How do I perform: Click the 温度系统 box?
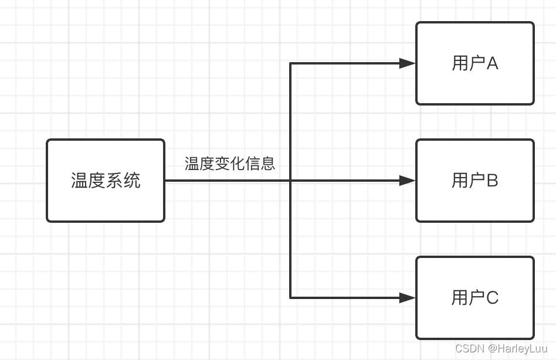[106, 181]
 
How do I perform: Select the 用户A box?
[475, 63]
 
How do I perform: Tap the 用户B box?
[475, 181]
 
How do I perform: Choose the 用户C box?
[475, 298]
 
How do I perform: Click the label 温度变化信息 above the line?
[230, 164]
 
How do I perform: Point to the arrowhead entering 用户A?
[408, 63]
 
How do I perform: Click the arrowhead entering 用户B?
[408, 181]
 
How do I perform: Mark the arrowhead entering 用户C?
[408, 298]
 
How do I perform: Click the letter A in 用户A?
[492, 63]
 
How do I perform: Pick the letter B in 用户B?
[492, 181]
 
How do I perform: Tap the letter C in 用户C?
[492, 298]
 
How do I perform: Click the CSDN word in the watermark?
[469, 348]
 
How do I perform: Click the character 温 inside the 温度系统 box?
[80, 181]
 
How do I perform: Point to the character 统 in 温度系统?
[132, 181]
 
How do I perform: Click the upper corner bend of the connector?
[291, 63]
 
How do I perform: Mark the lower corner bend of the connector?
[291, 298]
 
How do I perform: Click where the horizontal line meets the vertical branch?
[291, 181]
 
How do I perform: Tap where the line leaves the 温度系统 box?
[166, 181]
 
